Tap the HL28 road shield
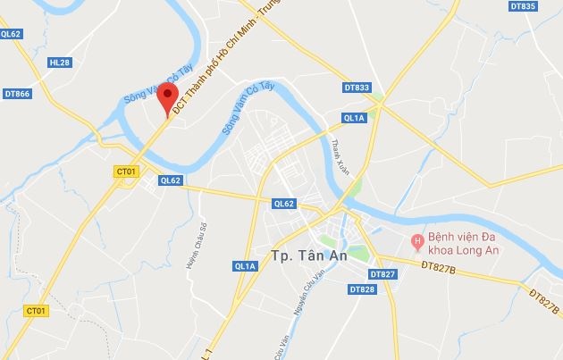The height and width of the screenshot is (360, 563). (x=60, y=63)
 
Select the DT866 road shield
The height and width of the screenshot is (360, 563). (x=16, y=93)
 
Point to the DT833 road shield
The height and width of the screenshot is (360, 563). (x=356, y=88)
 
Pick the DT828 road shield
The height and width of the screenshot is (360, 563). (x=362, y=289)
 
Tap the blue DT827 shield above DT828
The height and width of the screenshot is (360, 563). (x=382, y=273)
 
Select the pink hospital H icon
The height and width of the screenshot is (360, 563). (x=416, y=240)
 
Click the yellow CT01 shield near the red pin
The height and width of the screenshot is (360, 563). (x=126, y=171)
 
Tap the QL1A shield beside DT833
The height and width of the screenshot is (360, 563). (x=355, y=117)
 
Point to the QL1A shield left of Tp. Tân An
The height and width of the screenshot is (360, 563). (x=245, y=265)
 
